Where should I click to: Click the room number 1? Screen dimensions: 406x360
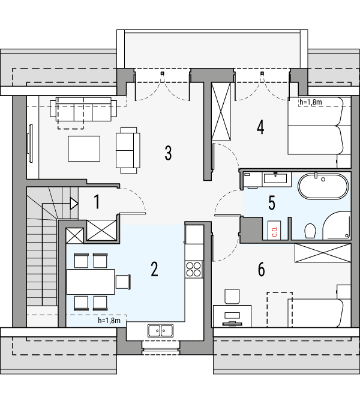96,202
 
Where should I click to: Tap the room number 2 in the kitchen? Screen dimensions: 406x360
154,269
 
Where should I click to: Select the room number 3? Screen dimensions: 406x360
169,153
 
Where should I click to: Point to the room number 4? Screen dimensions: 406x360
260,127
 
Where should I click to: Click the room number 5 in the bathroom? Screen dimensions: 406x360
272,203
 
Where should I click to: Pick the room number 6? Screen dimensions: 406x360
261,270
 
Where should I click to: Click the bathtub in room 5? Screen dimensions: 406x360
323,187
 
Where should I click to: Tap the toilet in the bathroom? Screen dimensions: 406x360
310,231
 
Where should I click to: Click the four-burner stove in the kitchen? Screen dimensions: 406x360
194,269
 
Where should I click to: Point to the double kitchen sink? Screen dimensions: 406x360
160,329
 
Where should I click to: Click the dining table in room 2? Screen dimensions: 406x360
90,280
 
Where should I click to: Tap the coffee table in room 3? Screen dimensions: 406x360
84,148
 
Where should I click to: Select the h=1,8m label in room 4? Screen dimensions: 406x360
310,102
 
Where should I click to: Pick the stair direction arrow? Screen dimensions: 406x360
74,203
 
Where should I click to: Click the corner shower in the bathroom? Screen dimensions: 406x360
337,226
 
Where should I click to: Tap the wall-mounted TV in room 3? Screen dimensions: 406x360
29,142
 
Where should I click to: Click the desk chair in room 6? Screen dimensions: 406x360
232,296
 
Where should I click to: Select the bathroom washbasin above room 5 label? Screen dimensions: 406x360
278,177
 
